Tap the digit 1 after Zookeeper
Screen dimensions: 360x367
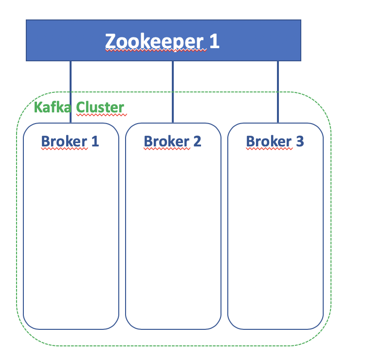[214, 41]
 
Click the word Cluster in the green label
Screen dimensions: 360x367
[101, 107]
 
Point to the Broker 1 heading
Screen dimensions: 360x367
[70, 141]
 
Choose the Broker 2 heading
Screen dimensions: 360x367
[172, 141]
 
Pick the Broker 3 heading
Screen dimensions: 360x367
[275, 141]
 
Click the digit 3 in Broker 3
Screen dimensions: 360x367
[299, 141]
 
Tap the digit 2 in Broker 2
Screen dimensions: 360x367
[197, 141]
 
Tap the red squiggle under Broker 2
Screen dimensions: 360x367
[167, 149]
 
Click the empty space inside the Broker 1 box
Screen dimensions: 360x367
[71, 234]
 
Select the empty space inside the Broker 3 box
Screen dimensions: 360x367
[275, 234]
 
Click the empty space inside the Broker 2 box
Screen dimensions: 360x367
[173, 234]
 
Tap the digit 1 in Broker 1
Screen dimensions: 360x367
[94, 141]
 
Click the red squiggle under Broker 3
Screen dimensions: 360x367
[269, 149]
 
